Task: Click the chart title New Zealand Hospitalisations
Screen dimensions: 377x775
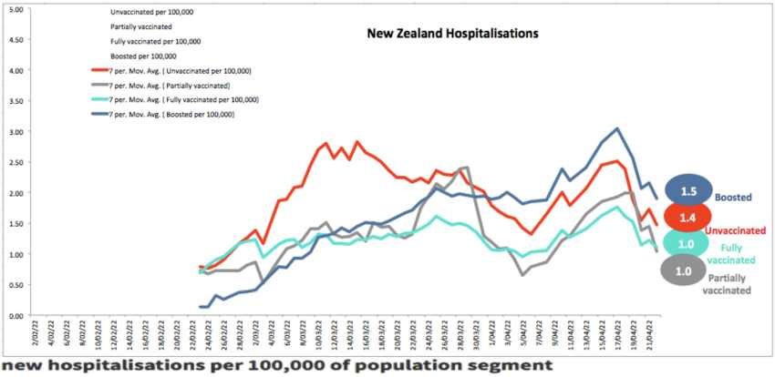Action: pos(452,34)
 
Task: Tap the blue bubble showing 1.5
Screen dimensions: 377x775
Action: pos(687,189)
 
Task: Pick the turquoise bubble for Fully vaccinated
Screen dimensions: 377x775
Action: pos(687,242)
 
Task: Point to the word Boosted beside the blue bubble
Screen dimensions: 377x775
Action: pos(733,197)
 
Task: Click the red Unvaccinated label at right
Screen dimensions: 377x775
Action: pos(737,231)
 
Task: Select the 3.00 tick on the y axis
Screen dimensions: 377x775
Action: pos(15,132)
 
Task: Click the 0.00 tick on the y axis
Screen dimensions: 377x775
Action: pos(15,316)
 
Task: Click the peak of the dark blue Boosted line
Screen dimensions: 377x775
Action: pos(617,128)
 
